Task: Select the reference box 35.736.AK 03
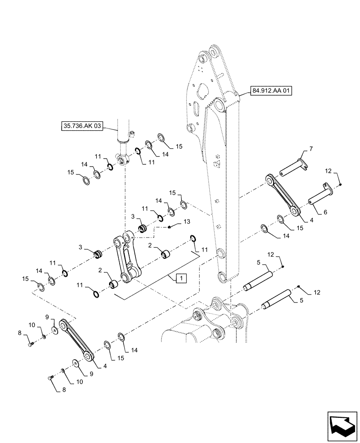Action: (x=82, y=126)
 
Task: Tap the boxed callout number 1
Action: (x=182, y=278)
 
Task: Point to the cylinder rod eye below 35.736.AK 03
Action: (x=122, y=157)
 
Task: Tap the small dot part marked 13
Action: (x=170, y=227)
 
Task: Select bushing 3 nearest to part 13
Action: (x=143, y=228)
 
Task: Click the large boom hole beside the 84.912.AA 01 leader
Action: (x=219, y=106)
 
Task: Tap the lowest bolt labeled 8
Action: (x=50, y=377)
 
